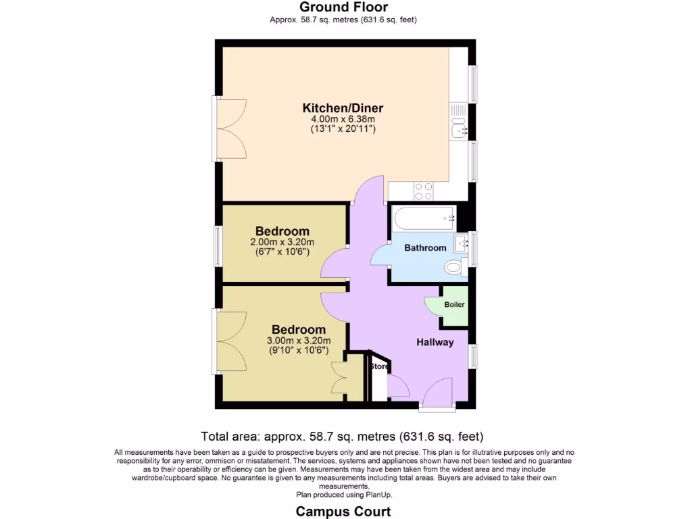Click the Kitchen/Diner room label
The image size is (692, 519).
343,108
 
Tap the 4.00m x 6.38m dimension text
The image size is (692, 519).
343,119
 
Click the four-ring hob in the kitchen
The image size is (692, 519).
424,191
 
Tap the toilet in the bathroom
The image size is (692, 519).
455,268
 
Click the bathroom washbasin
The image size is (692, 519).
461,243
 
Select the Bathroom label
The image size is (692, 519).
425,248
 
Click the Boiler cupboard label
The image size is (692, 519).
454,305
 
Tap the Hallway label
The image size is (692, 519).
435,343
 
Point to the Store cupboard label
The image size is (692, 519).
378,366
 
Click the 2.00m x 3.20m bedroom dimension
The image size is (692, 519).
282,243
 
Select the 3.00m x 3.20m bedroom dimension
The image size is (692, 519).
298,341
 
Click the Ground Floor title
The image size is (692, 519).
343,7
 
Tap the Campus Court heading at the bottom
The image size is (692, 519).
343,511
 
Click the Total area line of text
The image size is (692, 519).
342,437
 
